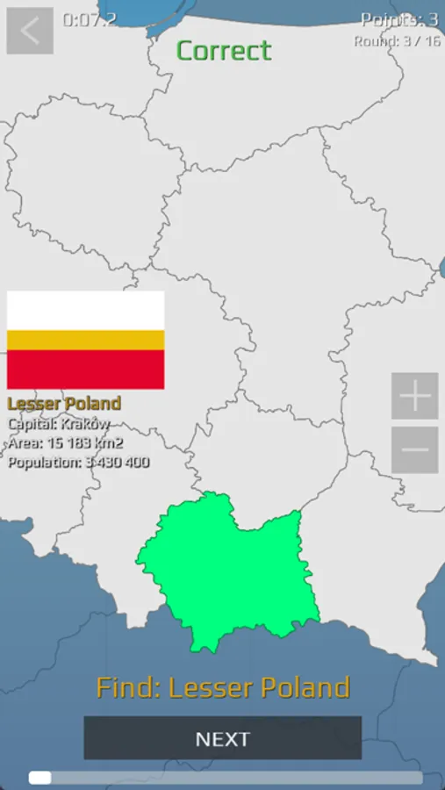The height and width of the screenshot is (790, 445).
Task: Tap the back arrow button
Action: [x=30, y=31]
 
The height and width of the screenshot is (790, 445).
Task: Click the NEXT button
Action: [x=222, y=738]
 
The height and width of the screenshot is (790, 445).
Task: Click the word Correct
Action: [x=224, y=51]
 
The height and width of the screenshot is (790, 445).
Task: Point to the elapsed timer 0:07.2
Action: [x=90, y=19]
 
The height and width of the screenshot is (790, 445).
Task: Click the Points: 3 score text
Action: [x=398, y=19]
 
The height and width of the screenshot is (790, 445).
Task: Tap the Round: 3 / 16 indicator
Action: [x=396, y=41]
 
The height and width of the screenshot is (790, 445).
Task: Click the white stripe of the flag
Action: [x=85, y=310]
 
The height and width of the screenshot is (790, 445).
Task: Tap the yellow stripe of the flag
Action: [x=85, y=340]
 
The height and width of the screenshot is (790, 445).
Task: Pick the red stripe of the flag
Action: [x=85, y=369]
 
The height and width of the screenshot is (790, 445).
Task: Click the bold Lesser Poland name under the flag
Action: [x=64, y=404]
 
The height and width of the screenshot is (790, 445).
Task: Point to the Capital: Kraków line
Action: [x=59, y=424]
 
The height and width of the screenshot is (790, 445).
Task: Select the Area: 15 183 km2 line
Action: [x=65, y=443]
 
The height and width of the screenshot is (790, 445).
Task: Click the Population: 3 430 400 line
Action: [x=78, y=463]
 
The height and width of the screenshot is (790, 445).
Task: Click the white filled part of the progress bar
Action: [x=39, y=777]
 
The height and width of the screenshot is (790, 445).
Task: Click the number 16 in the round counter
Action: [x=431, y=41]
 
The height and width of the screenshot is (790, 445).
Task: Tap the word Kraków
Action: [x=85, y=424]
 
